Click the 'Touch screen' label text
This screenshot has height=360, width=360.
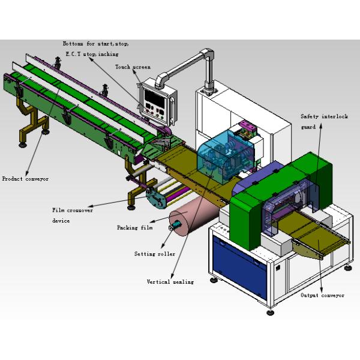[x=133, y=67]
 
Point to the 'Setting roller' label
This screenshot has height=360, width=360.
[x=155, y=254]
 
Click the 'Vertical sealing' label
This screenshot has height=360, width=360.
[x=170, y=281]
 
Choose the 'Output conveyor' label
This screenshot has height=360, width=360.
[x=322, y=295]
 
